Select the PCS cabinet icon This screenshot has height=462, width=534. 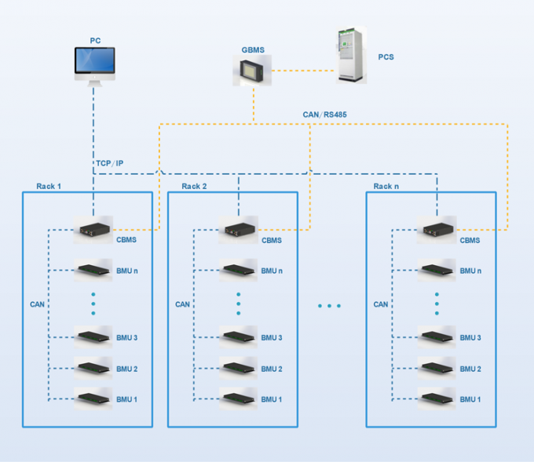(352, 56)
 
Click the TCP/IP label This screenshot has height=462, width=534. (109, 163)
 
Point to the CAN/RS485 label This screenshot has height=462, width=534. (324, 115)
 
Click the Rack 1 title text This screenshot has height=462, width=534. (49, 186)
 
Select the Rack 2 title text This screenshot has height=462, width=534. (194, 186)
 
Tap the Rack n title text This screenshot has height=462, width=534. (387, 186)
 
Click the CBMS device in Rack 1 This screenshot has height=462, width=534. (93, 231)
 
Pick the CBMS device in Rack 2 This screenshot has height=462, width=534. (239, 231)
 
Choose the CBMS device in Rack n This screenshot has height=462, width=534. (437, 231)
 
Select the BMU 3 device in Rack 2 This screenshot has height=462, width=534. (239, 337)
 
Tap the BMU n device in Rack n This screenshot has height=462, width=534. (437, 271)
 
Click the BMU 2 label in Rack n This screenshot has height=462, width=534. (470, 369)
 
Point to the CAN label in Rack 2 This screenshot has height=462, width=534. (182, 304)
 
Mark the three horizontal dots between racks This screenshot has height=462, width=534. (329, 305)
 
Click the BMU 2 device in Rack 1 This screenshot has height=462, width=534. (93, 368)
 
